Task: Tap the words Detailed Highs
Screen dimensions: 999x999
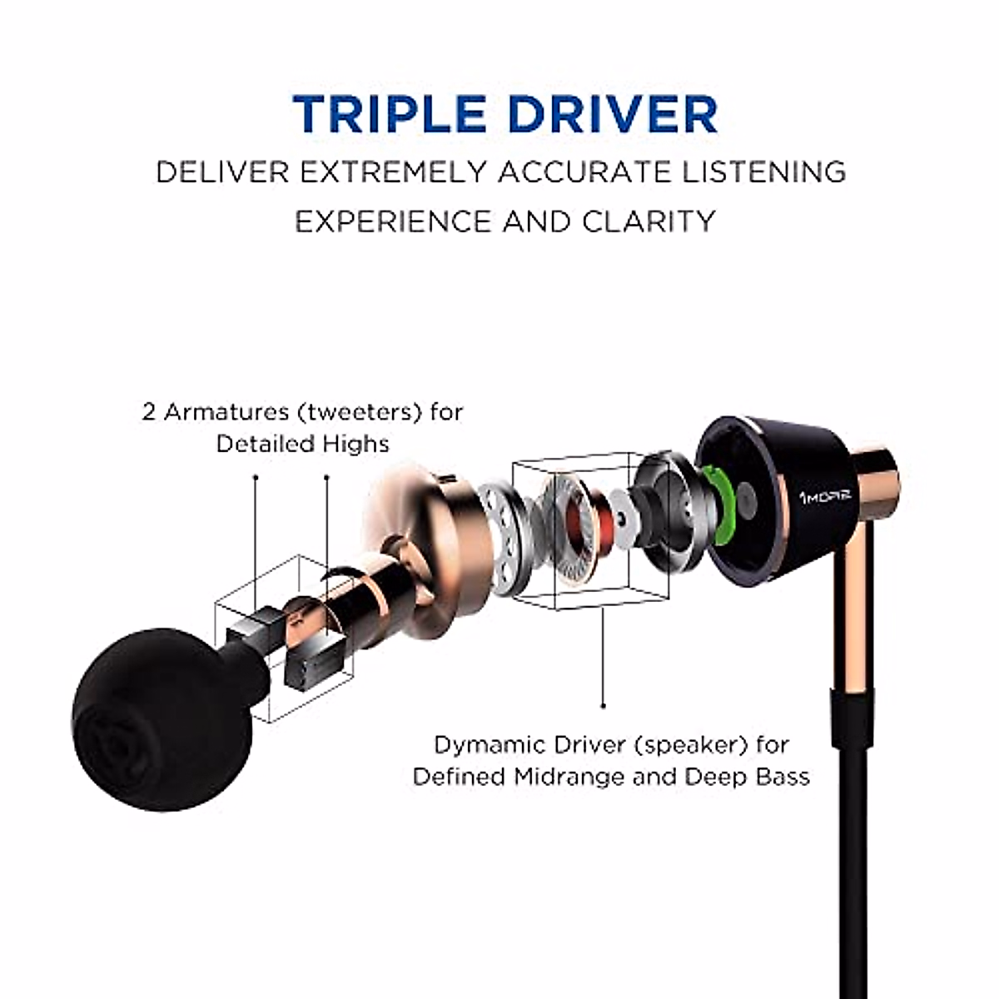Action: click(302, 444)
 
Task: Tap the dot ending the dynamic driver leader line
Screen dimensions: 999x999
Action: click(603, 706)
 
